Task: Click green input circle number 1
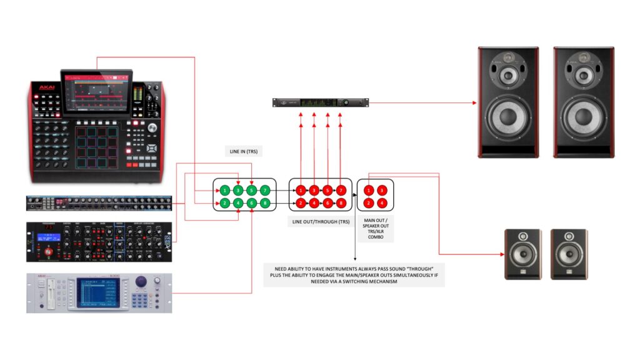[225, 189]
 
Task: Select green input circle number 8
[265, 203]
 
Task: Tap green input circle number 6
[251, 203]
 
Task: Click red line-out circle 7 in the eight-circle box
[341, 189]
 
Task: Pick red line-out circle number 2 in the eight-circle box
[301, 203]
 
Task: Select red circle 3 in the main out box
[382, 189]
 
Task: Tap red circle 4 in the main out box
[382, 203]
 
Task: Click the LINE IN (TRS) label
[244, 152]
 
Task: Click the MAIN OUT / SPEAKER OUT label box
[377, 229]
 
